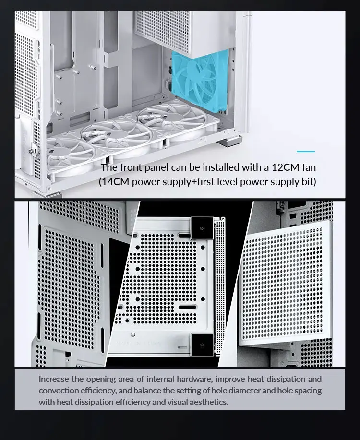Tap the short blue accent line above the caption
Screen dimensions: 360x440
306,151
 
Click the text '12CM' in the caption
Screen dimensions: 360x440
285,167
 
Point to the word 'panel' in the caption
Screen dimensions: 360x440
156,167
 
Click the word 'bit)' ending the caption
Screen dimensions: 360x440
309,182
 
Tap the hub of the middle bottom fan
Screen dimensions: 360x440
117,134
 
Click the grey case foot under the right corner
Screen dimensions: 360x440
229,140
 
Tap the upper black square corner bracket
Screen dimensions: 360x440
202,228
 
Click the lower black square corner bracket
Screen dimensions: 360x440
202,345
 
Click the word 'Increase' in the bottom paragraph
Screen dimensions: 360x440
54,379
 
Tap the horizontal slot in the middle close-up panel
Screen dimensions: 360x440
187,307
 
